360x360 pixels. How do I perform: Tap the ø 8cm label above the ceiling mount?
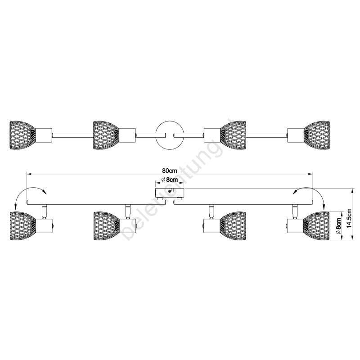(170, 180)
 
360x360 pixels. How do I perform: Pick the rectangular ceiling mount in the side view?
(169, 193)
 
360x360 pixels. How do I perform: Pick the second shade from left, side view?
(106, 224)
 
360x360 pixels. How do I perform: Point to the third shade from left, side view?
(233, 224)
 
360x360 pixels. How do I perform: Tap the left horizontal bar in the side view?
(96, 202)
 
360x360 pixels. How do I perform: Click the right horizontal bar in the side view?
(243, 202)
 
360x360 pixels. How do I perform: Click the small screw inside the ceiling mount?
(170, 192)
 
